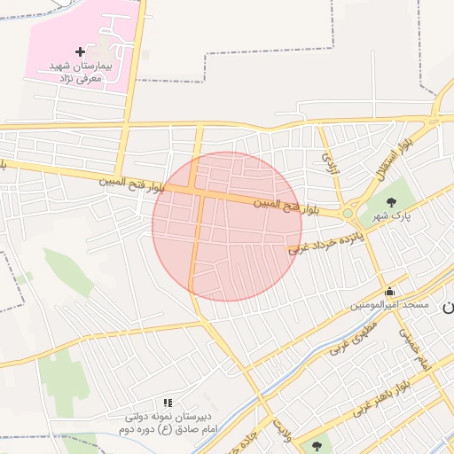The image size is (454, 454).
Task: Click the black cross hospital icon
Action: click(x=81, y=52)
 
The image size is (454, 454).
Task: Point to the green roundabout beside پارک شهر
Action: click(x=348, y=213)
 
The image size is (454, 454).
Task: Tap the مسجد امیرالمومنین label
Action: click(x=389, y=305)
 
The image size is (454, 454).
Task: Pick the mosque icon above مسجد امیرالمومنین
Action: click(x=389, y=291)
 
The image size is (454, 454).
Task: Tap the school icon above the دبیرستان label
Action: click(x=168, y=403)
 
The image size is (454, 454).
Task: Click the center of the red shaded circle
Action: click(x=227, y=226)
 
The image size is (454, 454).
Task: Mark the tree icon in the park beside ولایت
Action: click(x=316, y=445)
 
